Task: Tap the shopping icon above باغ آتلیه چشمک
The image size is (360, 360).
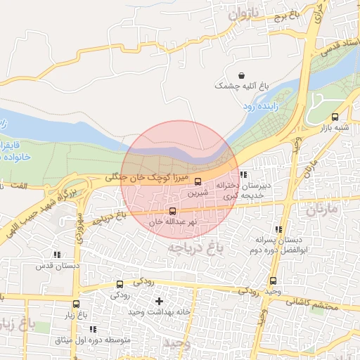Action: pos(242,75)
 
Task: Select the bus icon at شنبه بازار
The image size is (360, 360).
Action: pos(335,117)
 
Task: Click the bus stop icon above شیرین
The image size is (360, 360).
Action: pos(198,181)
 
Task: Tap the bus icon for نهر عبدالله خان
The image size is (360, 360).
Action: pos(173,210)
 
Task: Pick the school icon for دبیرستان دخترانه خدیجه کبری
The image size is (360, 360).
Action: pos(243,175)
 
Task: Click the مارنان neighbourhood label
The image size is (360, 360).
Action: pos(322,209)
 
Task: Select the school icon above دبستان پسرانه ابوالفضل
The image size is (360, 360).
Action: pos(279,230)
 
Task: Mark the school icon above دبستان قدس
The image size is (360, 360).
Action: pos(56,255)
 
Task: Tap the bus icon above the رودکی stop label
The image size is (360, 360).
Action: pos(120,285)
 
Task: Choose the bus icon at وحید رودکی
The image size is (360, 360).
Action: pos(273,281)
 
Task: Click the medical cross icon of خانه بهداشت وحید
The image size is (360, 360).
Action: pos(159,301)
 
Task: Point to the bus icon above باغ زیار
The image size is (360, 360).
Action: pos(77,304)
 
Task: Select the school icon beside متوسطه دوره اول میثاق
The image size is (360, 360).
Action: pos(93,329)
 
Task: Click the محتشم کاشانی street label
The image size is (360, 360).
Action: pos(312,303)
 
